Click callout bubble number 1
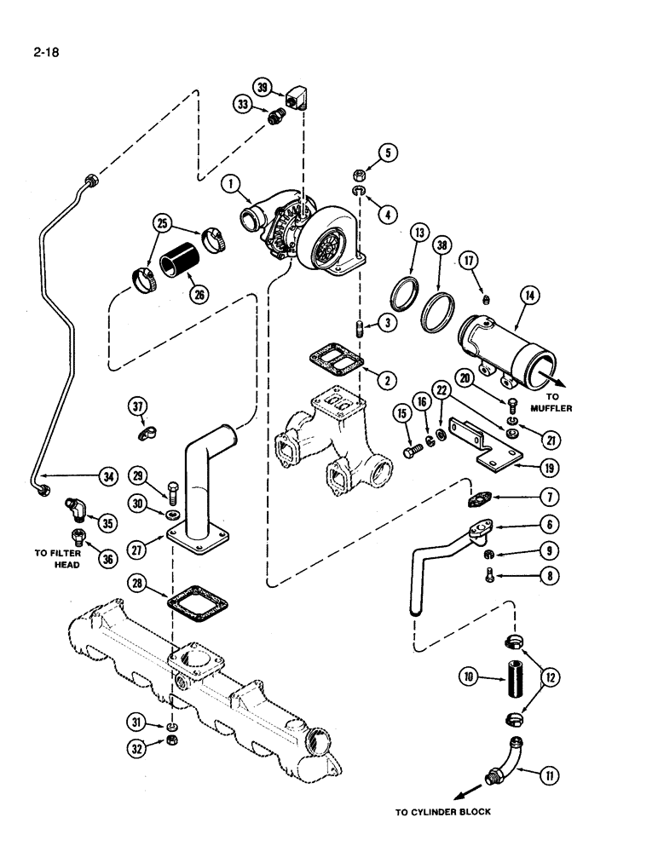[x=228, y=182]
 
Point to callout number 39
[x=262, y=86]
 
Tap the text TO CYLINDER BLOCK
[x=442, y=812]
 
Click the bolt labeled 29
[x=173, y=492]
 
